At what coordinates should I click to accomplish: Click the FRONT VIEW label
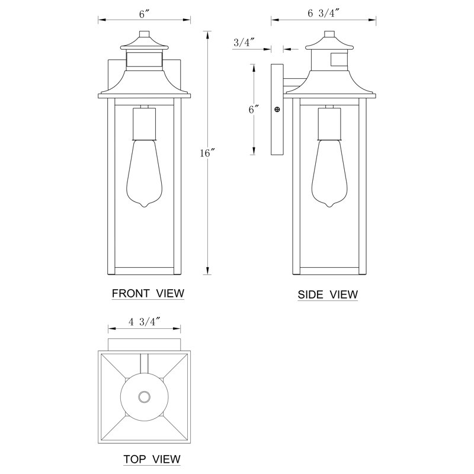point(148,293)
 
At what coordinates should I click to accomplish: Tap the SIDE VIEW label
point(328,294)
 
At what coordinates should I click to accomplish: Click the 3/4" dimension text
point(244,42)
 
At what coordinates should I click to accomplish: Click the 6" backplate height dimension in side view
point(254,109)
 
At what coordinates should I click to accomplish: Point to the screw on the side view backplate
point(277,110)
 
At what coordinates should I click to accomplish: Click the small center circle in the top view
point(143,397)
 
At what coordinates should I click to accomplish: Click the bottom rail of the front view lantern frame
point(143,271)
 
